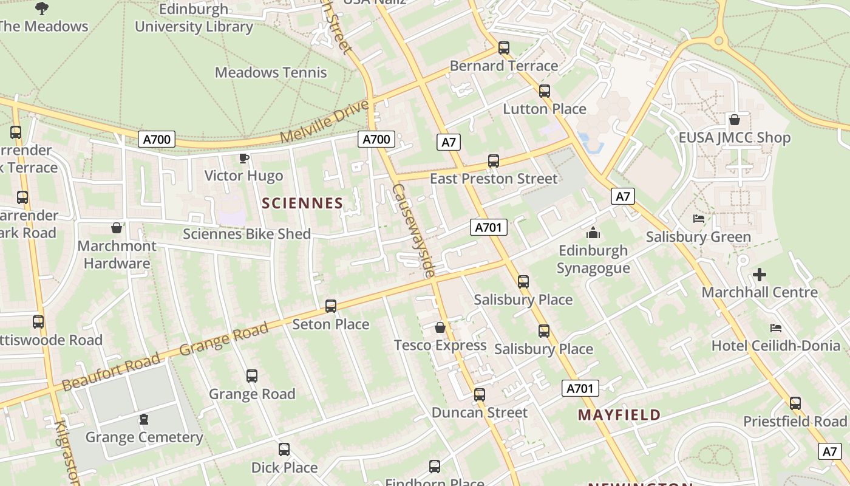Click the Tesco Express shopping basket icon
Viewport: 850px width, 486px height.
click(440, 328)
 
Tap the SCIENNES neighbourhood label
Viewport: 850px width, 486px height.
click(302, 203)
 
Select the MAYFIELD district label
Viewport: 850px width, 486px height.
click(619, 415)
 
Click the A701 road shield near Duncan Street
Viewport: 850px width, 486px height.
click(580, 388)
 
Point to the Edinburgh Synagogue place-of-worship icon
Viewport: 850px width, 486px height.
click(593, 233)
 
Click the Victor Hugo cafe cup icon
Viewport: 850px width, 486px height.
click(243, 159)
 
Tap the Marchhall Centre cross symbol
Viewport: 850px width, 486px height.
click(759, 275)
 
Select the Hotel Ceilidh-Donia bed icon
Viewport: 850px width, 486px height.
click(775, 328)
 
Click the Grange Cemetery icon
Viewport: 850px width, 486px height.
click(144, 419)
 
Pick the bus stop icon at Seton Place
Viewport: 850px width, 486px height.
click(331, 306)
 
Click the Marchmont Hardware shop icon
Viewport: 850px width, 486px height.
click(117, 228)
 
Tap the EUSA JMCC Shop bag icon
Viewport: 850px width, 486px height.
click(734, 120)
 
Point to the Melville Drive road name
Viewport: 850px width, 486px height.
click(324, 122)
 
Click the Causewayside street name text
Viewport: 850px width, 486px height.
click(413, 231)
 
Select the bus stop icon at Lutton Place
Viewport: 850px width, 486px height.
click(545, 91)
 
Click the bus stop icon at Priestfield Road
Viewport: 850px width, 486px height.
click(795, 403)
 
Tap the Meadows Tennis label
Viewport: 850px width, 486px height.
click(271, 72)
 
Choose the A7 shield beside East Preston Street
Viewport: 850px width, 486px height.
click(448, 143)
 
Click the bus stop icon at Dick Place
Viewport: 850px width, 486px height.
click(284, 450)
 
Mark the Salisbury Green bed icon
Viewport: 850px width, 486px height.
click(698, 219)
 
